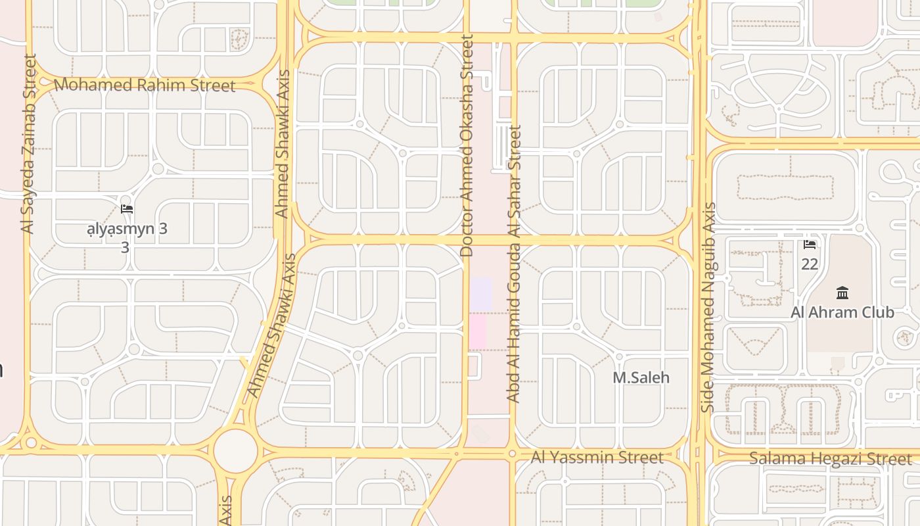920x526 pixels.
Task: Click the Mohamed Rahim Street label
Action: (x=144, y=85)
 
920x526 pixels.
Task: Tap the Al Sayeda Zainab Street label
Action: (x=28, y=143)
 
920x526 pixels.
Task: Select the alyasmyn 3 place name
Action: (x=127, y=229)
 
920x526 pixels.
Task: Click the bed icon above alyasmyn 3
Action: (x=127, y=209)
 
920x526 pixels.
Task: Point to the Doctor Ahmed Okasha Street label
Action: (x=467, y=146)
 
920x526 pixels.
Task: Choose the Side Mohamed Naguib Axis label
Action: (x=708, y=307)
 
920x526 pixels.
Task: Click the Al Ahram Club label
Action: (x=842, y=312)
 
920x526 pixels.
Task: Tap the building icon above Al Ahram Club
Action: (x=842, y=293)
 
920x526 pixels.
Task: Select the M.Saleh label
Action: (x=641, y=377)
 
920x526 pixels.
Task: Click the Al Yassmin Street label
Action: (x=597, y=457)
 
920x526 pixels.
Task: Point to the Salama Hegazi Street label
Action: (x=831, y=459)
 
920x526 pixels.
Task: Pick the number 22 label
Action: (x=810, y=264)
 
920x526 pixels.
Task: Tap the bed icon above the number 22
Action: (x=810, y=245)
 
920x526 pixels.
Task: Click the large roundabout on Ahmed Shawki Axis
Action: (x=235, y=450)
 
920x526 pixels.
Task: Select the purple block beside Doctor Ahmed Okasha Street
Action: (x=481, y=293)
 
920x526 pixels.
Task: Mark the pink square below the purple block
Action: (x=478, y=331)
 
